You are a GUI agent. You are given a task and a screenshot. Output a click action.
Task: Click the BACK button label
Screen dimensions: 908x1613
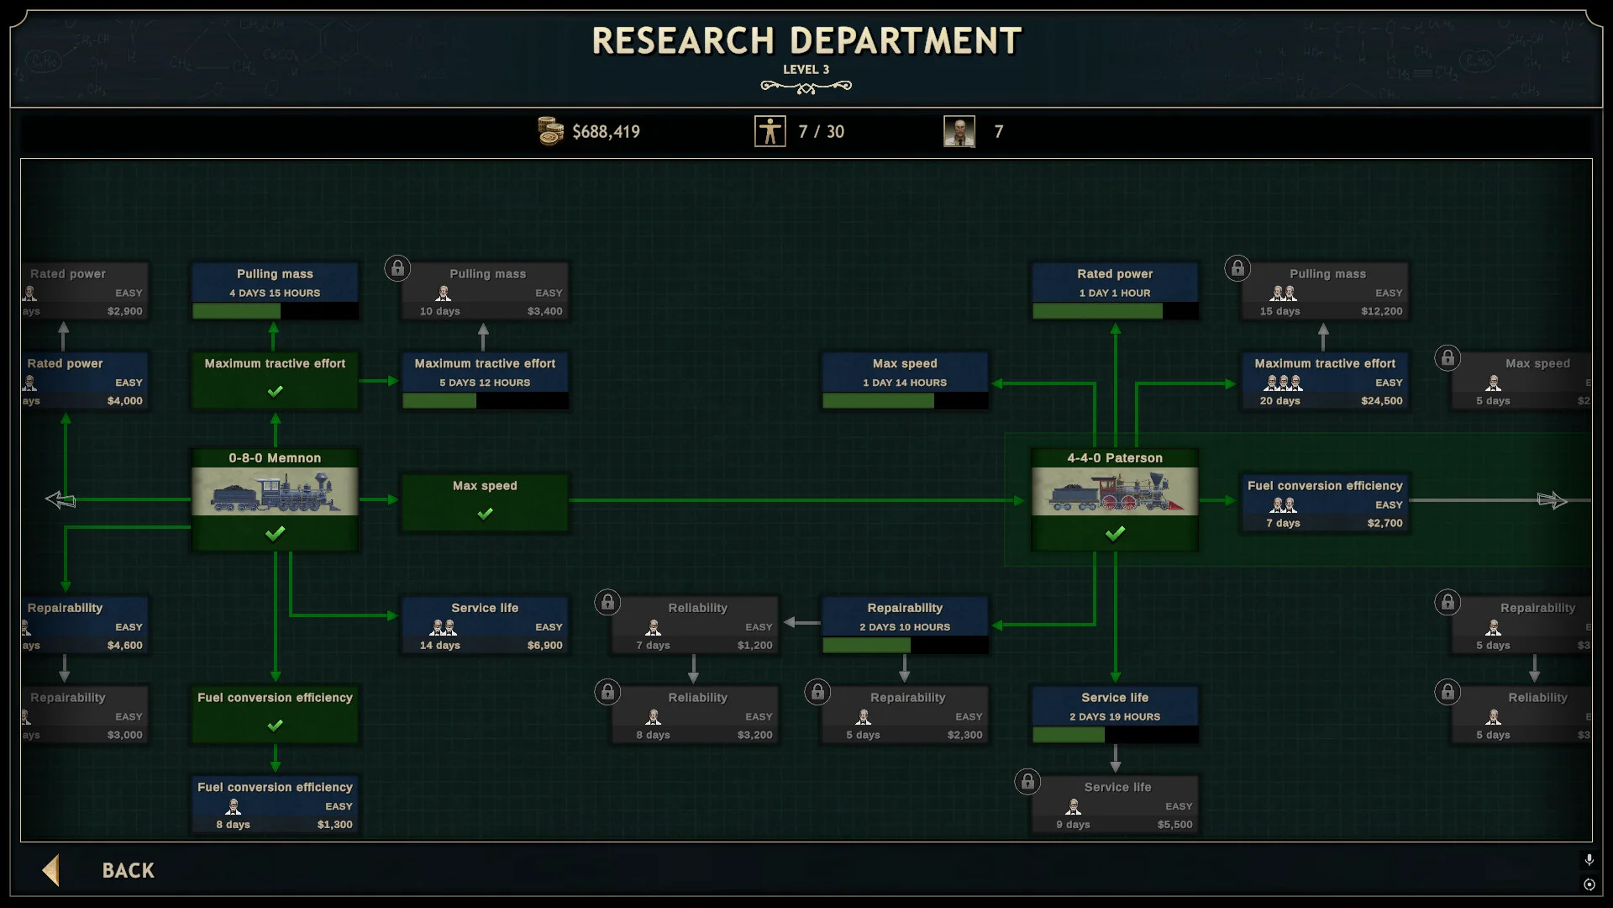[x=128, y=870]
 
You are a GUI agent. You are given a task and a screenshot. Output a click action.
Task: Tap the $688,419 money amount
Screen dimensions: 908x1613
[x=606, y=132]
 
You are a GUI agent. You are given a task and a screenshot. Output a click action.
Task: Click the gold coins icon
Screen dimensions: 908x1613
[x=550, y=131]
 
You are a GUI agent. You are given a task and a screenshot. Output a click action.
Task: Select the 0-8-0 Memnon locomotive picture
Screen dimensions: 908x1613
[x=275, y=492]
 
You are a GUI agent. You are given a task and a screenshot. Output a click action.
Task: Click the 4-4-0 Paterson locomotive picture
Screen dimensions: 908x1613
[x=1115, y=492]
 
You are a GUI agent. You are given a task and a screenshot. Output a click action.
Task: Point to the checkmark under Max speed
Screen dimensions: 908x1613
[x=485, y=514]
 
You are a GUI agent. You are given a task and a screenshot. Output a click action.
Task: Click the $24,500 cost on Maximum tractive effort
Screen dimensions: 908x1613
[x=1381, y=401]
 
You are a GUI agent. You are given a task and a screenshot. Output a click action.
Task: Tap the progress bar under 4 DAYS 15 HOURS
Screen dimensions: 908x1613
[x=275, y=311]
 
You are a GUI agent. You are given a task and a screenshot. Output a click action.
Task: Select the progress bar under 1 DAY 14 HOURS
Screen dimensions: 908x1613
[x=905, y=401]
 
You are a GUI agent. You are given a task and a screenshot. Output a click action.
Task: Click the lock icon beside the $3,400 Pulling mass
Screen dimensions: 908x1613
[x=397, y=268]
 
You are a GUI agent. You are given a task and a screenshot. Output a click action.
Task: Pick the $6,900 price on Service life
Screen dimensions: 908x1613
[x=544, y=646]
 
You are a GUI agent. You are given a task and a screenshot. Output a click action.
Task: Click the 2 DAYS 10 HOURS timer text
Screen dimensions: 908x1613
[x=905, y=627]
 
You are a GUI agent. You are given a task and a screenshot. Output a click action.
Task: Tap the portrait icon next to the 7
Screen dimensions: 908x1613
[x=959, y=131]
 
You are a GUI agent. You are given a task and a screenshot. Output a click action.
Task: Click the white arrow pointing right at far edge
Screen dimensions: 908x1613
[x=1552, y=500]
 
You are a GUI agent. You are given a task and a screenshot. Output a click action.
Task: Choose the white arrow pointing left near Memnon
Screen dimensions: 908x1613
[x=60, y=500]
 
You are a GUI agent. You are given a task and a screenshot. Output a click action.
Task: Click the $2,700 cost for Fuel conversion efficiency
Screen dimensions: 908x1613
[x=1384, y=523]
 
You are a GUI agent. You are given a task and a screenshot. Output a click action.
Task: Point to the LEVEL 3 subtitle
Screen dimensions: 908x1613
[x=806, y=70]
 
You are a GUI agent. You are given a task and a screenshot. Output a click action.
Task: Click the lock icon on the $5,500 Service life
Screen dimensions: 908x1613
[x=1027, y=782]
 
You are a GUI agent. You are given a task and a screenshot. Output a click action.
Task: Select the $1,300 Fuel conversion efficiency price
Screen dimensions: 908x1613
[x=334, y=825]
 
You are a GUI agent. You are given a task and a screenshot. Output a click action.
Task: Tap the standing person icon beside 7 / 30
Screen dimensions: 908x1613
[x=770, y=131]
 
